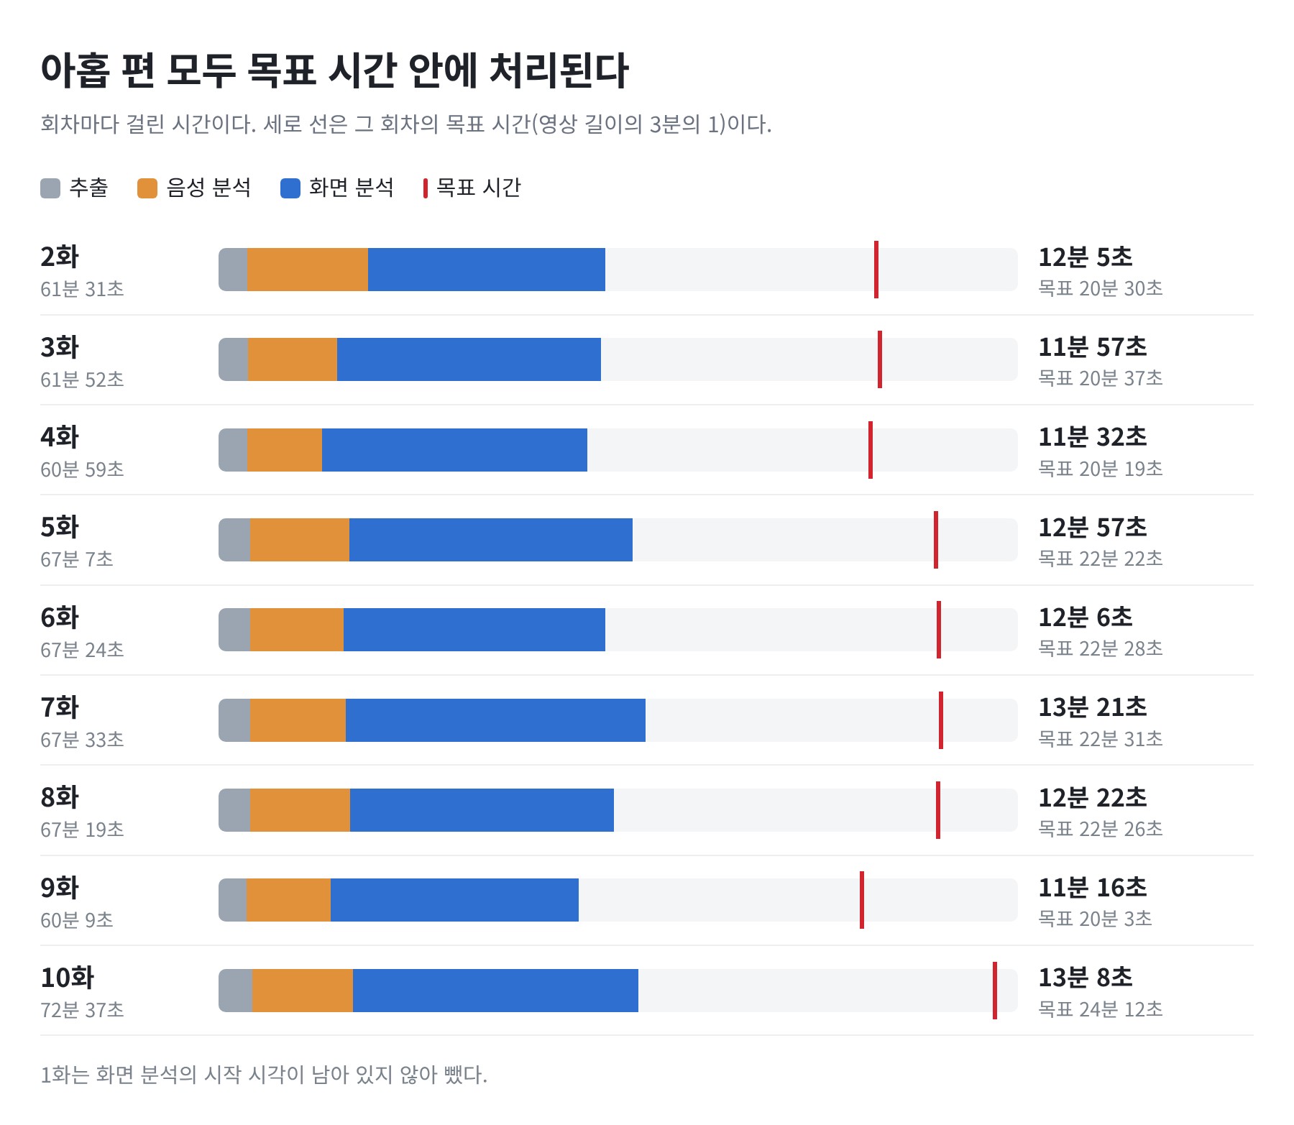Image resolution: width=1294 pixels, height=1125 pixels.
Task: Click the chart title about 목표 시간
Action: [334, 71]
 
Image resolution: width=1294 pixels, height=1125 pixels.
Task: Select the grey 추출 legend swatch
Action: [50, 188]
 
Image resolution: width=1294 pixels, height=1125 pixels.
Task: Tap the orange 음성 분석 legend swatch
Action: [147, 188]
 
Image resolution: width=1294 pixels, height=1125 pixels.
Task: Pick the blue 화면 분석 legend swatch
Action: [290, 188]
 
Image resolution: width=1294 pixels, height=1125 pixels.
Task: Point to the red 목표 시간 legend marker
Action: [426, 188]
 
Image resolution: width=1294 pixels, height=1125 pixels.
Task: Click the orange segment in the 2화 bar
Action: [308, 270]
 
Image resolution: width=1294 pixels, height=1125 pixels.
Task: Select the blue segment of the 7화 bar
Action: [495, 720]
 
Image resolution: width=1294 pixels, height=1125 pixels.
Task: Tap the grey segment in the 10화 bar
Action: [236, 991]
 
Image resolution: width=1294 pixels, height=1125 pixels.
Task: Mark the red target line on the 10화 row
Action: [995, 991]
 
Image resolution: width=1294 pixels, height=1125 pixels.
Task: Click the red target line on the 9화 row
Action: [862, 900]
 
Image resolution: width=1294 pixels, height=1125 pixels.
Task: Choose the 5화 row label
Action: [60, 527]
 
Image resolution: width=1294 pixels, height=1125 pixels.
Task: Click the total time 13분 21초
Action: [1093, 707]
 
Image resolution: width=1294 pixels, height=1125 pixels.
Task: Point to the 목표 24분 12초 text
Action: [1101, 1009]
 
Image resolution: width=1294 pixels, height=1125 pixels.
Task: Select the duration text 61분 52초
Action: [82, 380]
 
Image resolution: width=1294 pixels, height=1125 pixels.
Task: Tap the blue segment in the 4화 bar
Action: [454, 450]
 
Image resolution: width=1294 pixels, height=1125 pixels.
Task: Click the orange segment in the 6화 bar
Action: [297, 630]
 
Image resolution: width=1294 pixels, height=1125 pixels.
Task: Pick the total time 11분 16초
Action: [1093, 888]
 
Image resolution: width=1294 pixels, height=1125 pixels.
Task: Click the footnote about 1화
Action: [264, 1075]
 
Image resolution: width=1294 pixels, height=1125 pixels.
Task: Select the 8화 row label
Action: [60, 797]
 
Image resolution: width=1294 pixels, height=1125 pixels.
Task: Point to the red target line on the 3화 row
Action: [880, 359]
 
